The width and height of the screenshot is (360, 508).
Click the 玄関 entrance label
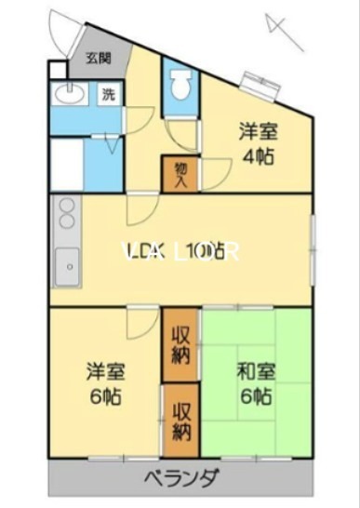coord(98,59)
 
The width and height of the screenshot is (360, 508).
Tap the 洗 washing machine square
coord(109,93)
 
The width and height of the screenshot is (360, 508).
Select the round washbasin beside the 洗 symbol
coord(68,93)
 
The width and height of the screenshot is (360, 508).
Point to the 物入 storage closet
coord(180,175)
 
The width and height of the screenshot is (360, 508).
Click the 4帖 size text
coord(259,155)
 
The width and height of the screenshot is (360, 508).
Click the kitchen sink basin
coord(67,269)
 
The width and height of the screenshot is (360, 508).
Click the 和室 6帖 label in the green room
coord(252,381)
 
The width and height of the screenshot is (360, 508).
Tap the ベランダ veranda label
coord(182,479)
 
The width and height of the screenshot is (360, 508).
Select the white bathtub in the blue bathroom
coord(67,166)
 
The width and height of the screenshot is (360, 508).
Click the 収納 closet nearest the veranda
coord(180,421)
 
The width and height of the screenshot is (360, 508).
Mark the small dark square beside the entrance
coord(58,69)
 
